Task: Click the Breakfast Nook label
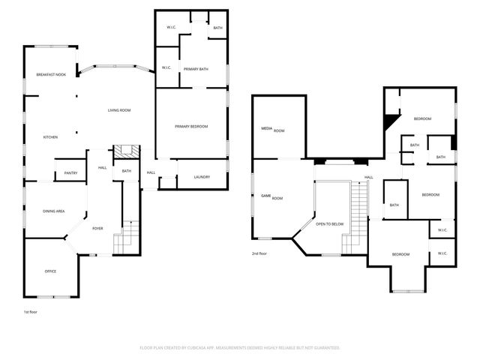click(x=51, y=74)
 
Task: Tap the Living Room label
click(x=118, y=110)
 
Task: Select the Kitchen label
click(x=50, y=137)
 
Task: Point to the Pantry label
click(x=70, y=173)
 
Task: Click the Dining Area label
click(x=52, y=211)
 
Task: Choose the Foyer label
click(x=97, y=228)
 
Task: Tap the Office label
click(x=50, y=271)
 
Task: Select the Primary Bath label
click(x=196, y=69)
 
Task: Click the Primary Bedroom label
click(x=191, y=126)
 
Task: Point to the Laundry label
click(x=202, y=177)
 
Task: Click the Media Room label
click(x=273, y=130)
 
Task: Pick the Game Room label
click(x=271, y=196)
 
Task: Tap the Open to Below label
click(x=330, y=223)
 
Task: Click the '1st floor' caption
click(x=31, y=310)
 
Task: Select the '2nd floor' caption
click(x=259, y=253)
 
